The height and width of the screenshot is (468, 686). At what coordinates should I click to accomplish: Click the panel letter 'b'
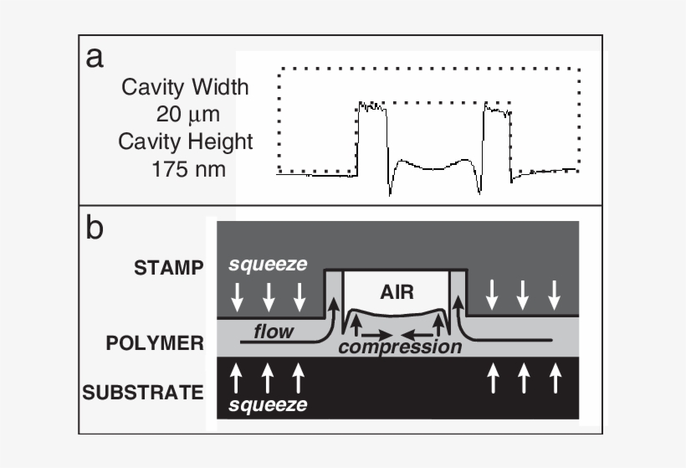(x=95, y=227)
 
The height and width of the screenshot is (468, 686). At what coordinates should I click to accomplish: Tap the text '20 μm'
(x=186, y=113)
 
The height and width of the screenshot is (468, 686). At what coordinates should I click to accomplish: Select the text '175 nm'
(x=186, y=168)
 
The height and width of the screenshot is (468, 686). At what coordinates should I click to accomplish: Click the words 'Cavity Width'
(x=186, y=86)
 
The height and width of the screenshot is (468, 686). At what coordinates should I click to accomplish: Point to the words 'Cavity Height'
(x=186, y=141)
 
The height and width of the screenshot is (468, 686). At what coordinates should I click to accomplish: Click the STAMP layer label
(x=169, y=268)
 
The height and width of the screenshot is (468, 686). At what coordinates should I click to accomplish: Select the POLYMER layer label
(x=156, y=342)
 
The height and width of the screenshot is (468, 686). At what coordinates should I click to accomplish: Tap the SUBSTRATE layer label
(x=143, y=392)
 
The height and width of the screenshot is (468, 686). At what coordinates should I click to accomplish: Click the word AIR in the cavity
(x=397, y=292)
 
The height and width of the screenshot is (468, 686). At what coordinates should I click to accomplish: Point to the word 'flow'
(x=274, y=332)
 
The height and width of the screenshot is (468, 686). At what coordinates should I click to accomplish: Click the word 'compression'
(x=400, y=347)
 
